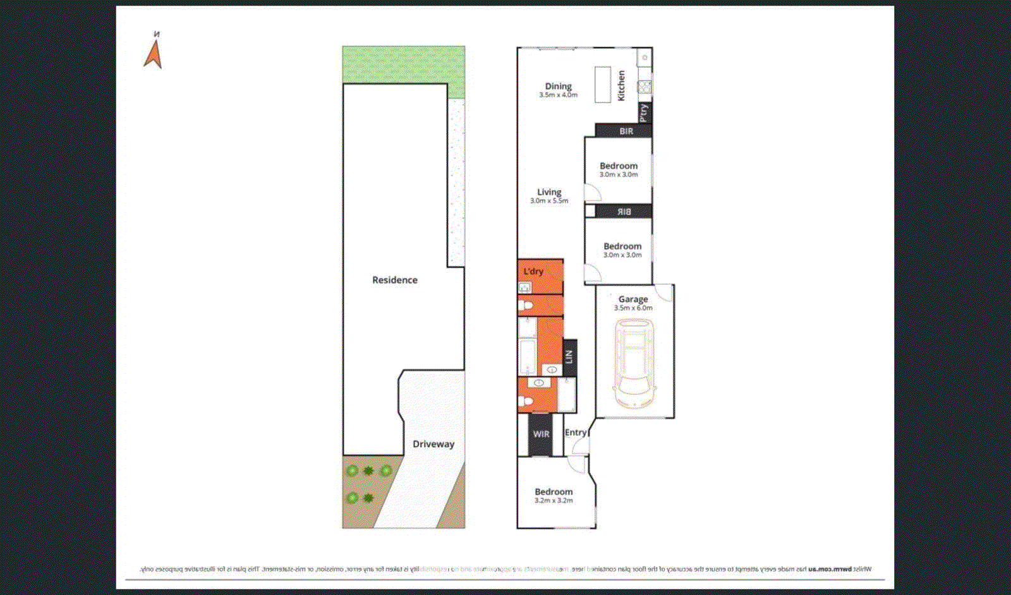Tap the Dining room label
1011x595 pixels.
(x=558, y=86)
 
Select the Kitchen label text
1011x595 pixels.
(x=621, y=85)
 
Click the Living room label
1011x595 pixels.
(x=549, y=192)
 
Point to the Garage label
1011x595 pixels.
(x=633, y=299)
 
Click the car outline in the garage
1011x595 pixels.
(x=634, y=363)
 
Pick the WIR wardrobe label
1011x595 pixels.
(x=541, y=434)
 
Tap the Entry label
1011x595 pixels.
(x=575, y=433)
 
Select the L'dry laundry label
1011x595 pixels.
(x=533, y=271)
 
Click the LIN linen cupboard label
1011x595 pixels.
(x=569, y=357)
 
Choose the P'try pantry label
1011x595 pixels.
(x=644, y=112)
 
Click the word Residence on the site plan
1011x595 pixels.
(x=395, y=280)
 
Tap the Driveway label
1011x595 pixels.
(x=433, y=444)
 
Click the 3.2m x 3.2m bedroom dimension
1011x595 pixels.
(x=554, y=501)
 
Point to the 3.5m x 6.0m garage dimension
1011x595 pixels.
(x=633, y=308)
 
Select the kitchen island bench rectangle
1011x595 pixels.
(x=603, y=85)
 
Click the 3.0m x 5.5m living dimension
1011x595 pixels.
(x=549, y=201)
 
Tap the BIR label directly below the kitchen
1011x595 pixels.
(x=626, y=131)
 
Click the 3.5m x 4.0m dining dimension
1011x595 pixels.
(x=558, y=95)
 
